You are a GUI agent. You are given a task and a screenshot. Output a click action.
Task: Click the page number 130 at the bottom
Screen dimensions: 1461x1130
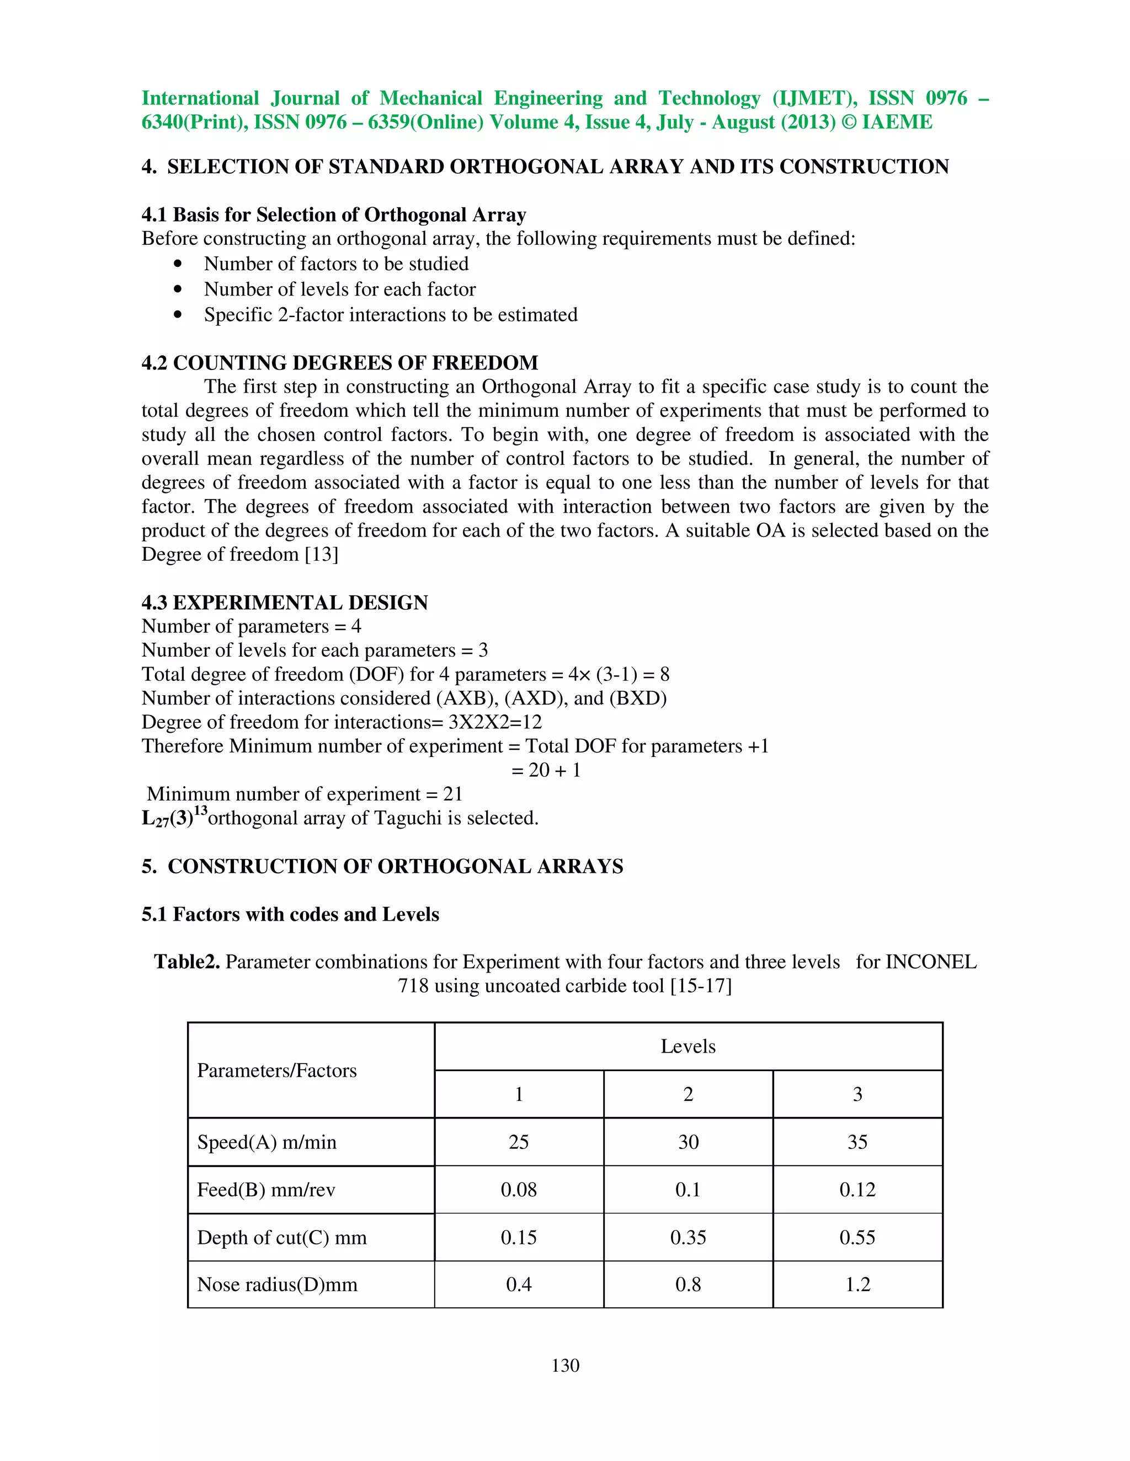point(565,1365)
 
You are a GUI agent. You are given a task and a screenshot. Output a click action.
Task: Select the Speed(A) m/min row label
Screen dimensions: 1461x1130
point(266,1142)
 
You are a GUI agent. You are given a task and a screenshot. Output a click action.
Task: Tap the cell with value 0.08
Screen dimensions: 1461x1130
point(519,1189)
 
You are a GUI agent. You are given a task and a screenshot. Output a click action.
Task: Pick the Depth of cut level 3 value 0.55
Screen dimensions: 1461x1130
point(857,1237)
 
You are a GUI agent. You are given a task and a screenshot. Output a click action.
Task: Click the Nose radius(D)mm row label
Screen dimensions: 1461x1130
point(277,1285)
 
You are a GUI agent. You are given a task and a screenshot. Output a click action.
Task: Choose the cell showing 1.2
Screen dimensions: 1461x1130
point(857,1285)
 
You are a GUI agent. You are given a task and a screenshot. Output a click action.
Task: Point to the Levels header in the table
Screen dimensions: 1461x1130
point(687,1046)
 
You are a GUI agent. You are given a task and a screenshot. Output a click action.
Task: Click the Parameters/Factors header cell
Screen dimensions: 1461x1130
point(276,1070)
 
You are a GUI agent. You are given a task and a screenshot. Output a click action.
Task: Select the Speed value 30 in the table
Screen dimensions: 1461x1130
point(687,1142)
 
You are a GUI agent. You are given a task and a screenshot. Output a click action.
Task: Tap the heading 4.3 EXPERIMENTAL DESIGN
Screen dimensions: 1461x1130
point(285,602)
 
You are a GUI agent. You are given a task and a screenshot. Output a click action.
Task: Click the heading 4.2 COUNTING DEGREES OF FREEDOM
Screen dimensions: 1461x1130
point(339,363)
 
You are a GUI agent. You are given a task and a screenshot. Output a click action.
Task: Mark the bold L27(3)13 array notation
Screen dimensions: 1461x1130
point(173,817)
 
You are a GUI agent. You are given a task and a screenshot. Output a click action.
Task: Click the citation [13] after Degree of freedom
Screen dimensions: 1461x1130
point(321,555)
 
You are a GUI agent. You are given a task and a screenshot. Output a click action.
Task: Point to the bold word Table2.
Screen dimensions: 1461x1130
point(187,962)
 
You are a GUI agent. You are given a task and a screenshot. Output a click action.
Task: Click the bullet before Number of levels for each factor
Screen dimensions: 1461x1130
point(178,289)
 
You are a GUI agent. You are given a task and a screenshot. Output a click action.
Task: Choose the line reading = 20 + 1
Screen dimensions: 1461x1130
point(546,770)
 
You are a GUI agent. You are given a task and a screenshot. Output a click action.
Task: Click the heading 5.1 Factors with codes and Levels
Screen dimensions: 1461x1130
point(290,914)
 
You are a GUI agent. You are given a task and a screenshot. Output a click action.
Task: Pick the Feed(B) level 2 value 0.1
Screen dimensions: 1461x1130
point(687,1189)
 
